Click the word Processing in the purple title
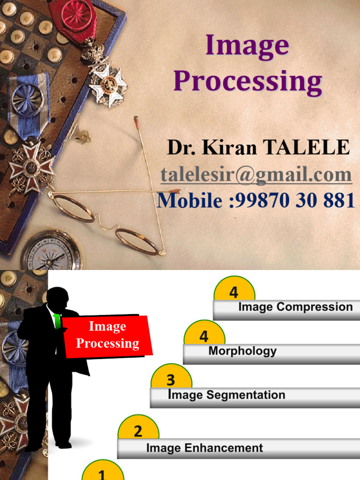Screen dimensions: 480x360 coord(247,82)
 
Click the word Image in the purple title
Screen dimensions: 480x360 coord(247,45)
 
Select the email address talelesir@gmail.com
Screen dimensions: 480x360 coord(256,175)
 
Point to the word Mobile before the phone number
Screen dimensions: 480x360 coord(189,201)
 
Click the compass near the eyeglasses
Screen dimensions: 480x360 coord(51,252)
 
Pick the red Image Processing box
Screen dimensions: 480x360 coord(107,336)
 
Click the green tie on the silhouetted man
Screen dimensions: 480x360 coord(57,322)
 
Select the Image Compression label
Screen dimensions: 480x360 coord(295,307)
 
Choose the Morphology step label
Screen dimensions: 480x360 coord(242,351)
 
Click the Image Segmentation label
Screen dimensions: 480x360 coord(226,395)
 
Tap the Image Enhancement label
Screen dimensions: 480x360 coord(204,448)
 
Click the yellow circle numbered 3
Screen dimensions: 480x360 coord(171,378)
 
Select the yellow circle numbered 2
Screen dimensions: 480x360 coord(138,430)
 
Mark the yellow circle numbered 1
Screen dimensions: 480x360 coord(102,472)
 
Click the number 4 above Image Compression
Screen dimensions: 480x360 coord(233,293)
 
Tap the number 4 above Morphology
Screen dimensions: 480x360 coord(204,336)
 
